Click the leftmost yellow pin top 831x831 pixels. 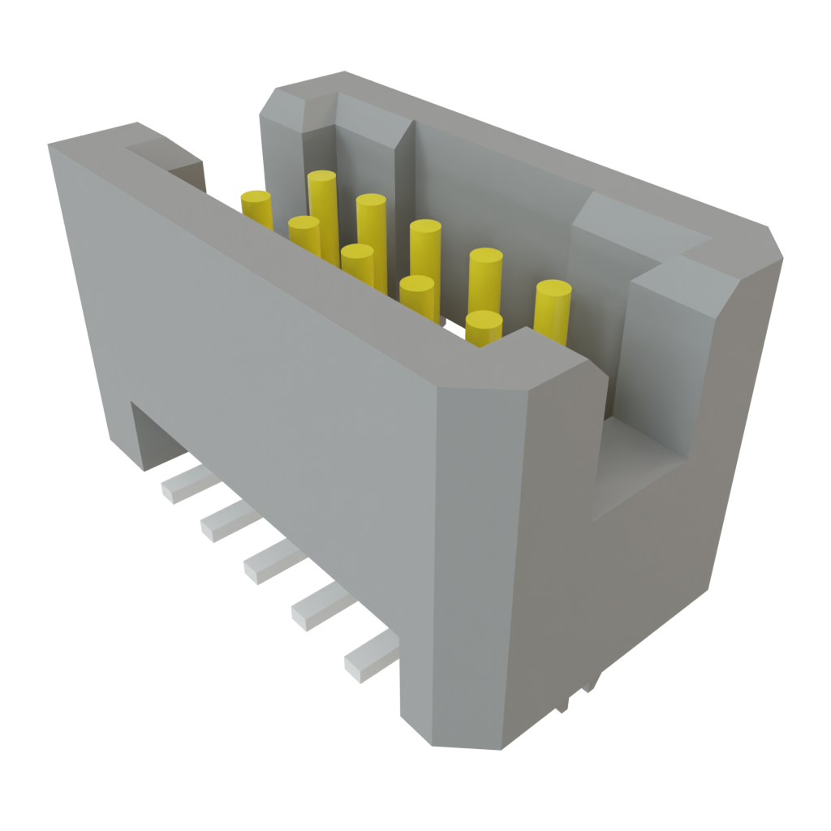tap(256, 198)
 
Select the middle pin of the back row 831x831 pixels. tap(425, 228)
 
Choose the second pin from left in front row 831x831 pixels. tap(304, 224)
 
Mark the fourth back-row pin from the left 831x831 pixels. tap(485, 258)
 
